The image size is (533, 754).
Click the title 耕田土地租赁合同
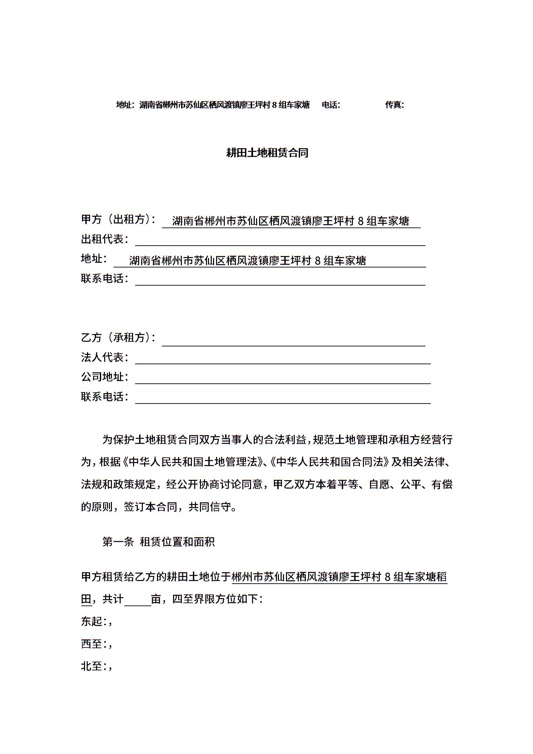pos(267,153)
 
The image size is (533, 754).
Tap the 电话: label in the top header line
pos(331,105)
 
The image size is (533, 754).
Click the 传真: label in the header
pos(394,105)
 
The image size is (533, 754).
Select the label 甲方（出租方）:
pos(119,220)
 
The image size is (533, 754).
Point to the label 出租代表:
pos(105,239)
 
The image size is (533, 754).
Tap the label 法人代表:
pos(105,357)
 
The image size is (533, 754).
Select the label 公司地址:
pos(105,377)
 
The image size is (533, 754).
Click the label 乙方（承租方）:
pos(119,337)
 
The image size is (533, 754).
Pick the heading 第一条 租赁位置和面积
pos(158,542)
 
